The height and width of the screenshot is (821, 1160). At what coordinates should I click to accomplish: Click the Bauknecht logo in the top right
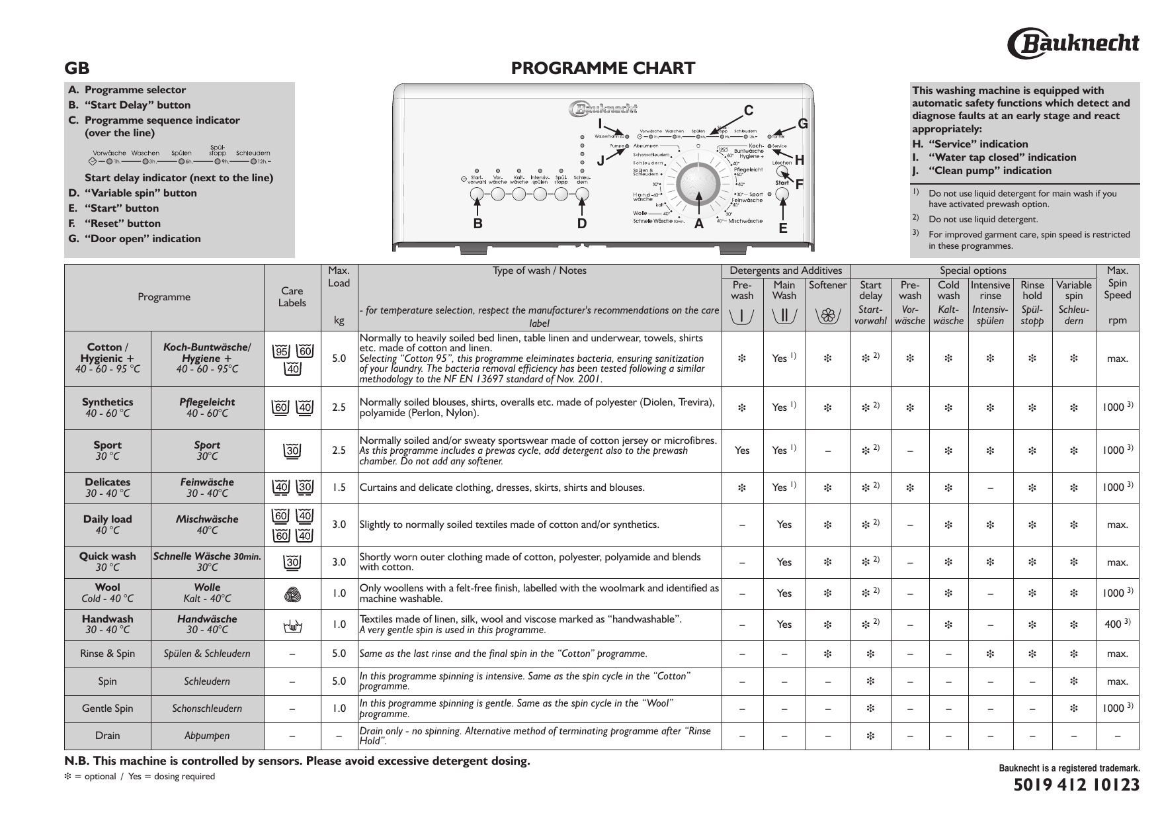(x=1073, y=43)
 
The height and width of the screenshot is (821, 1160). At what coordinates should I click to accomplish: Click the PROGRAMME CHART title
(x=603, y=68)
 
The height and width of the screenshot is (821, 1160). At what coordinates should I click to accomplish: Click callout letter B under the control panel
(x=477, y=224)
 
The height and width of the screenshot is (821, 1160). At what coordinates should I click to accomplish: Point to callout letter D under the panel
(x=582, y=224)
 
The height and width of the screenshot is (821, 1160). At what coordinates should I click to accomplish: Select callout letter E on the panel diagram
(x=783, y=228)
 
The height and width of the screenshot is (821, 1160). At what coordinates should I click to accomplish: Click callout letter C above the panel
(x=749, y=110)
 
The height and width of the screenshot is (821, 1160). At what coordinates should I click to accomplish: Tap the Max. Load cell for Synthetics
(x=339, y=408)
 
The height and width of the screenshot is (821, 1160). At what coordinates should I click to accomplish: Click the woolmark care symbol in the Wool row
(x=292, y=594)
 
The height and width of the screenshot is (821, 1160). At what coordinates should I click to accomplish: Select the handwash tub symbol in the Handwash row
(x=292, y=625)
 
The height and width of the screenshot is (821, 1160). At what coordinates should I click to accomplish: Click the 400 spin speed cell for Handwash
(x=1117, y=625)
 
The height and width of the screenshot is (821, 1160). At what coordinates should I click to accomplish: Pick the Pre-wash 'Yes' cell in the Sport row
(x=742, y=451)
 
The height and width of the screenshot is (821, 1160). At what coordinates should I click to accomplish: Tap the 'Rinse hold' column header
(x=1032, y=290)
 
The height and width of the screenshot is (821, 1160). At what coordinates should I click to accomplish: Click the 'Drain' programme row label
(x=107, y=736)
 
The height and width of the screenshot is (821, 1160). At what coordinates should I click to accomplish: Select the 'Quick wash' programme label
(x=107, y=556)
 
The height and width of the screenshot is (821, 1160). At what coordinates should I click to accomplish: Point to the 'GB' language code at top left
(x=77, y=69)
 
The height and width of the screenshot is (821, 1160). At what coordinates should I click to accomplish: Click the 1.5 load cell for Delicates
(x=339, y=488)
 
